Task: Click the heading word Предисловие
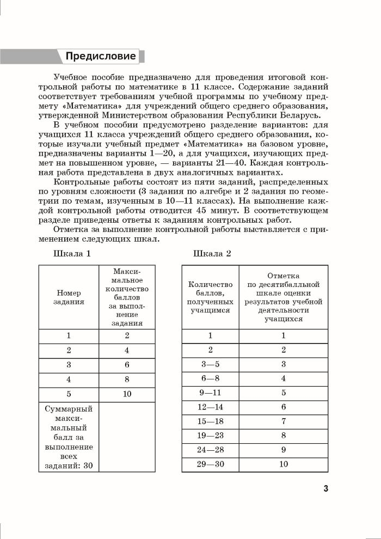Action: (101, 56)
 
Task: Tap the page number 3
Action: (325, 488)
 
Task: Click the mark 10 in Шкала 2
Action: (283, 464)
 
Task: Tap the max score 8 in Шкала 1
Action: (126, 378)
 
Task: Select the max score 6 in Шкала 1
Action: (126, 364)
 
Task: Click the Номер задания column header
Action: (69, 297)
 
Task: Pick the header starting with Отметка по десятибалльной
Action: (284, 297)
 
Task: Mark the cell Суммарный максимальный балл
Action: (69, 437)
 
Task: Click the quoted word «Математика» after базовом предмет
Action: (214, 143)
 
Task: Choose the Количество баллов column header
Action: (210, 297)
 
